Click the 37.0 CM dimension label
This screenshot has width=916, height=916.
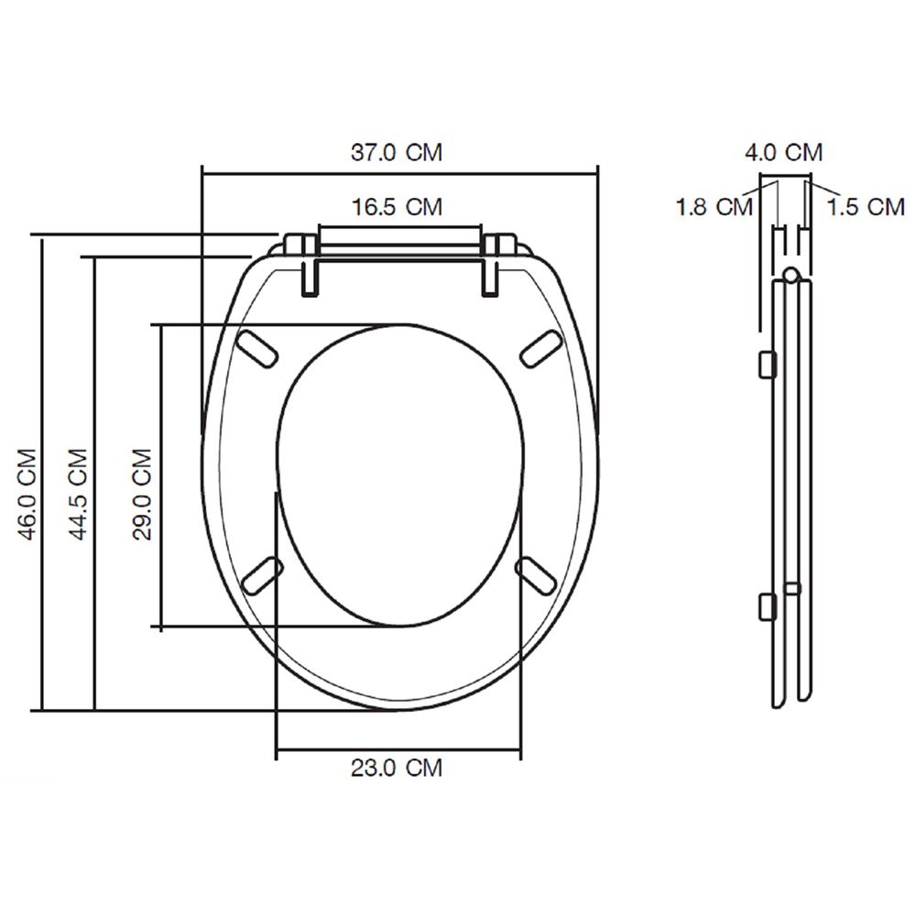pos(398,152)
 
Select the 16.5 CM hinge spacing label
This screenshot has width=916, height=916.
pos(398,206)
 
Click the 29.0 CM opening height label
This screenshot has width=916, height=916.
pos(142,494)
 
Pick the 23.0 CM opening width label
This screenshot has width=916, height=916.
pos(396,768)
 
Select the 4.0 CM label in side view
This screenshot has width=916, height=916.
pos(783,152)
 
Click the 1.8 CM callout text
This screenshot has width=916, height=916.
pos(714,207)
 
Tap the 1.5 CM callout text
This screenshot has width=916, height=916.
pos(866,207)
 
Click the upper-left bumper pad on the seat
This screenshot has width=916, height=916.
pos(260,348)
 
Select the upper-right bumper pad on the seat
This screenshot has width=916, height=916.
pos(540,348)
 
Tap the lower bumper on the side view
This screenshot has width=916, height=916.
pos(768,605)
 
